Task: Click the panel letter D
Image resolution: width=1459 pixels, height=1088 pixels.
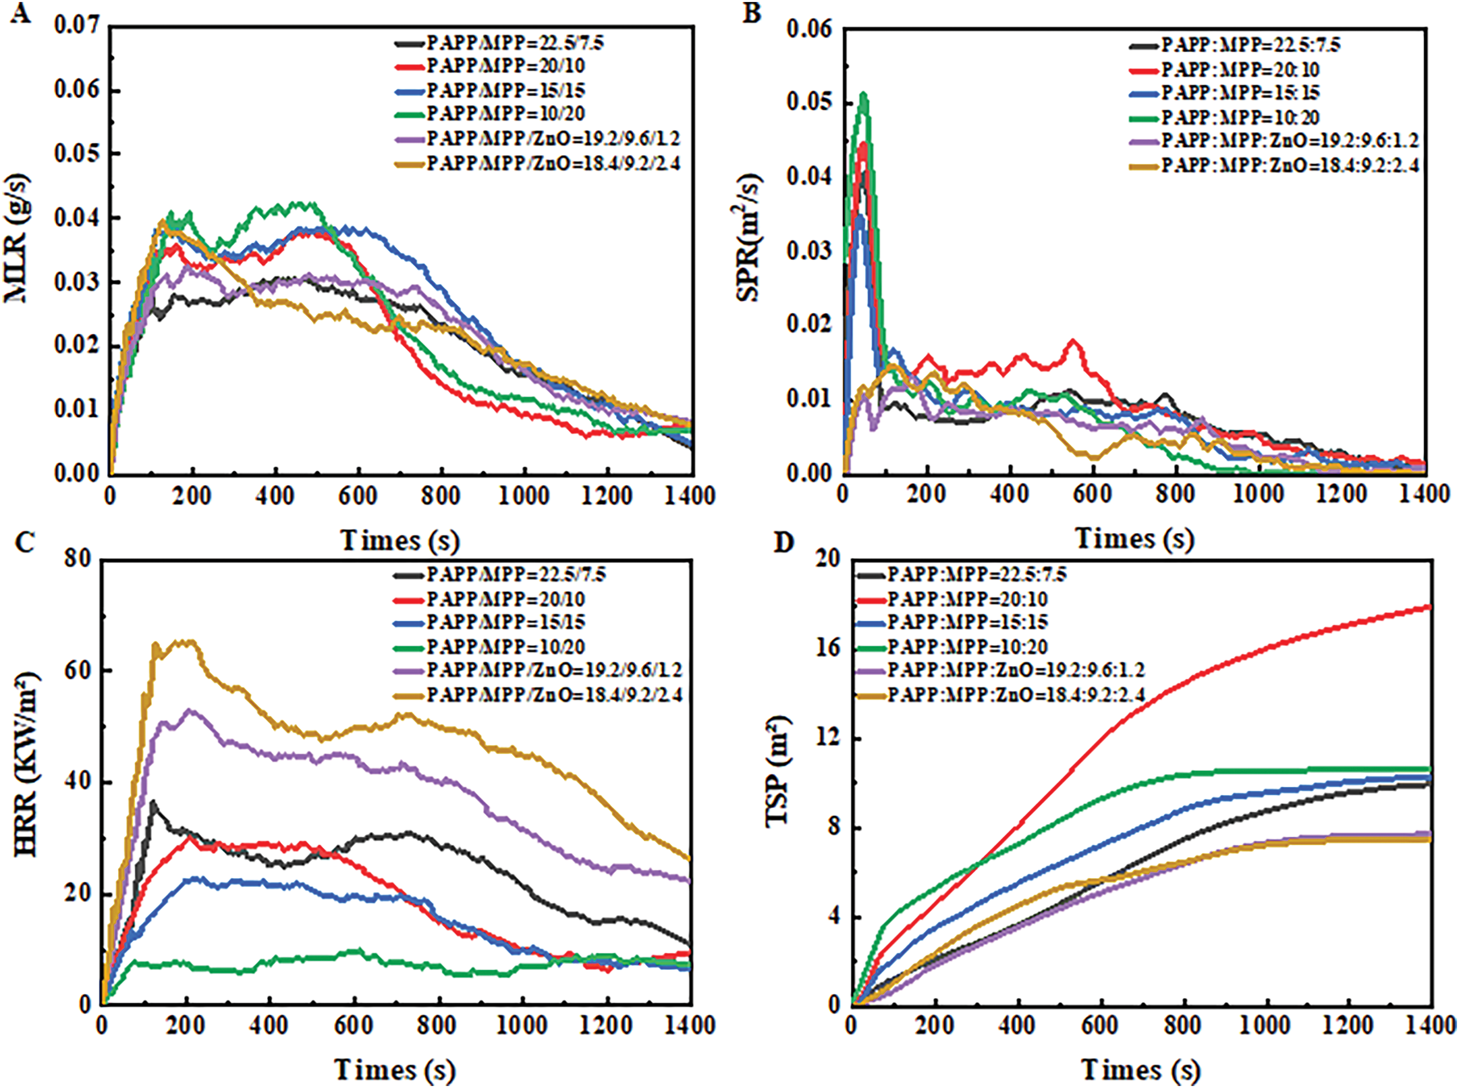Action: pyautogui.click(x=783, y=543)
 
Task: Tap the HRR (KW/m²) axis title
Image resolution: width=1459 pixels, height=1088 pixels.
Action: pyautogui.click(x=26, y=764)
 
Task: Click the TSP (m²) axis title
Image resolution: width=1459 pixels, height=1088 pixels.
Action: pyautogui.click(x=778, y=771)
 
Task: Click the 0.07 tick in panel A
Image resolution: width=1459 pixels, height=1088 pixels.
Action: pyautogui.click(x=76, y=26)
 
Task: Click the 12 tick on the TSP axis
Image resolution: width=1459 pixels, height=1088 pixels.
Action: pyautogui.click(x=828, y=738)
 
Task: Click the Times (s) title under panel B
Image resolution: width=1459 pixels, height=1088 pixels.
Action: pyautogui.click(x=1134, y=539)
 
